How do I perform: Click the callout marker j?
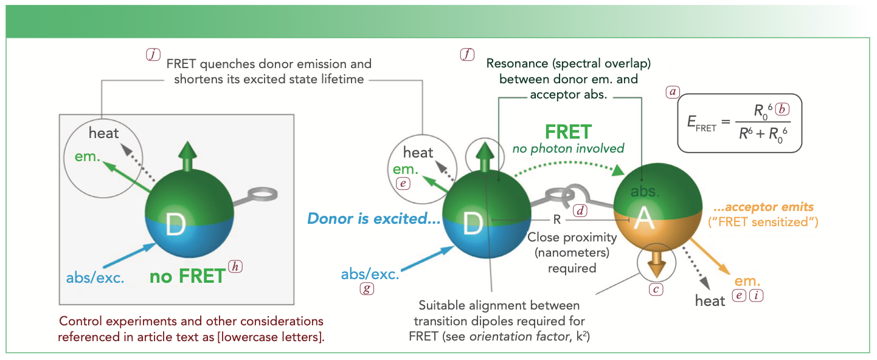point(152,54)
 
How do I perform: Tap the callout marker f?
point(466,54)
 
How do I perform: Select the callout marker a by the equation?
point(672,92)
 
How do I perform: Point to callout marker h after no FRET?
point(234,268)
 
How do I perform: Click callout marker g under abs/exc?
point(366,289)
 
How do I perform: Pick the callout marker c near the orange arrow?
point(656,289)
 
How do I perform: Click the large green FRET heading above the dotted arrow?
point(568,131)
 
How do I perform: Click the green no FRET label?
point(187,277)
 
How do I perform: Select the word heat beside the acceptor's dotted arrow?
point(710,300)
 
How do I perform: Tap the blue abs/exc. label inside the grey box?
point(95,279)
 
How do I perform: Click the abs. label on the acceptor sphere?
point(643,192)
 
